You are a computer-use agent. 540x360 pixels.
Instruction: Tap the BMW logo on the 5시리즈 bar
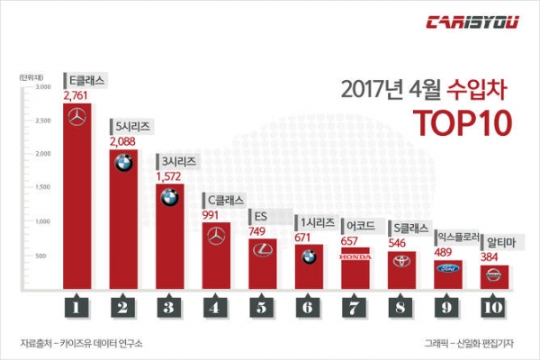[123, 164]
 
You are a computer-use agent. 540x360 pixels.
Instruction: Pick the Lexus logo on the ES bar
[262, 250]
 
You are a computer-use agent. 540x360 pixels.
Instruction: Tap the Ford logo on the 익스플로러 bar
[447, 266]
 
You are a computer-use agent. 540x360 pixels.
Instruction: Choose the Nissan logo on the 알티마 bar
[494, 271]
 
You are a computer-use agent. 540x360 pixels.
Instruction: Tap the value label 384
[494, 256]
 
